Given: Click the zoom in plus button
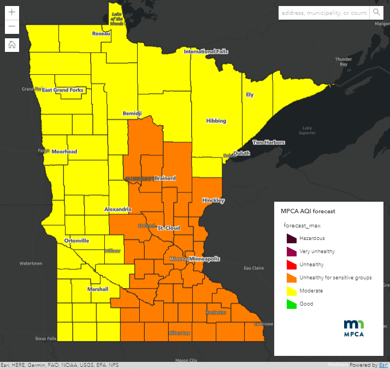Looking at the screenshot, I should pyautogui.click(x=12, y=12).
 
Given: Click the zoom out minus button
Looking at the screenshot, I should pyautogui.click(x=12, y=27).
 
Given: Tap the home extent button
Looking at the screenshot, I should pyautogui.click(x=12, y=45).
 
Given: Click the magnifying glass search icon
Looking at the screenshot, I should pyautogui.click(x=376, y=13).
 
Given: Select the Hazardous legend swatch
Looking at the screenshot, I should pyautogui.click(x=290, y=238).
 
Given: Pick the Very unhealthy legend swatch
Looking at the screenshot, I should pyautogui.click(x=290, y=251).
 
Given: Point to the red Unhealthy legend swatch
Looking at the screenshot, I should pyautogui.click(x=290, y=265).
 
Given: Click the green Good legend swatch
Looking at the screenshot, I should pyautogui.click(x=290, y=304).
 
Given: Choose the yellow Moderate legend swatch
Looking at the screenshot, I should pyautogui.click(x=290, y=291).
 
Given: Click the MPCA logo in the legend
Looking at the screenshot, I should pyautogui.click(x=353, y=327).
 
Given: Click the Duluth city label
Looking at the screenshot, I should pyautogui.click(x=241, y=153).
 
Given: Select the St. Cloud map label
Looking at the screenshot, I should pyautogui.click(x=168, y=227).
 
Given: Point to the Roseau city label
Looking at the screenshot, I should pyautogui.click(x=101, y=33).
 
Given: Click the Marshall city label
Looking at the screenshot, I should pyautogui.click(x=98, y=289).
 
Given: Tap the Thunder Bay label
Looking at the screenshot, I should pyautogui.click(x=344, y=61).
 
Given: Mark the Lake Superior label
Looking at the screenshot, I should pyautogui.click(x=309, y=130).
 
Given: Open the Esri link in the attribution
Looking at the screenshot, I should pyautogui.click(x=383, y=365).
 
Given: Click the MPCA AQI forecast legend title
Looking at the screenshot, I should pyautogui.click(x=308, y=210).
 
